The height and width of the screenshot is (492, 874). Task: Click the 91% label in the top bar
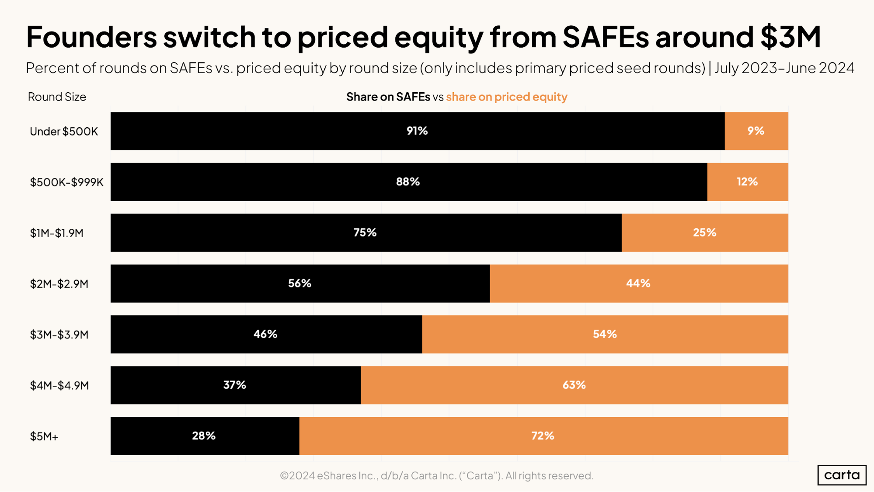[417, 131]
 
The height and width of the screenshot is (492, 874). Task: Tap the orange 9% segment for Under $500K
[756, 131]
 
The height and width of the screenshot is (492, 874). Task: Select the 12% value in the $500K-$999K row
[747, 181]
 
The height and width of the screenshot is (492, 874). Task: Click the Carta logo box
[842, 475]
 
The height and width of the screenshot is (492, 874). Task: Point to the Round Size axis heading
[57, 97]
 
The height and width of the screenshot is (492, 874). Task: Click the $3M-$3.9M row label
[59, 335]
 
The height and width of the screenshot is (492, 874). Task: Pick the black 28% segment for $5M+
[204, 436]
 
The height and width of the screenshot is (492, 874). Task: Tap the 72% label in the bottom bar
[543, 436]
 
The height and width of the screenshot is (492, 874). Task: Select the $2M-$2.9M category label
[59, 284]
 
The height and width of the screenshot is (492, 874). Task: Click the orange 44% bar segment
[638, 283]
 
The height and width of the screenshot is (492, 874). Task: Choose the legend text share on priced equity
[506, 97]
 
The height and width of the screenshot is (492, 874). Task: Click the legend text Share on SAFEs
[388, 97]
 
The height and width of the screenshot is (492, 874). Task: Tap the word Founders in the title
[91, 37]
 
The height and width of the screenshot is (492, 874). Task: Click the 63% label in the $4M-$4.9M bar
[574, 385]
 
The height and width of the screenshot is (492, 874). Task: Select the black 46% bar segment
[265, 334]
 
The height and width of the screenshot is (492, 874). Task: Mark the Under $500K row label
[64, 132]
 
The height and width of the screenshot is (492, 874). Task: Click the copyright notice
[436, 475]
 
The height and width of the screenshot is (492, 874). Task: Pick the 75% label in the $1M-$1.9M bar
[365, 232]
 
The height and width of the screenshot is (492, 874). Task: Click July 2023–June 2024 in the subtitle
[784, 68]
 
